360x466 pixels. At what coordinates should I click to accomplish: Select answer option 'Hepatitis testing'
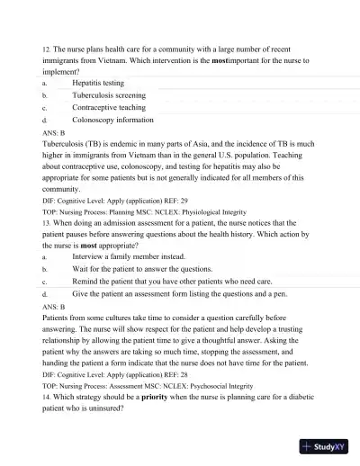coord(98,82)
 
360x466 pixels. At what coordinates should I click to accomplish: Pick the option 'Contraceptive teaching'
coord(108,106)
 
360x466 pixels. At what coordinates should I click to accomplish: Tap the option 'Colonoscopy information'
coord(112,119)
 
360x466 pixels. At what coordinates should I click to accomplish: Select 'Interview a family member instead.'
coord(128,255)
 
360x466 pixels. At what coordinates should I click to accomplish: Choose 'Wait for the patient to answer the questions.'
coord(141,268)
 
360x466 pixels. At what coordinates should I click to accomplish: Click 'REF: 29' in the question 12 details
coord(176,201)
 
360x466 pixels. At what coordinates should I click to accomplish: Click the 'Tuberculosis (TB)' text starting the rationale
coord(76,143)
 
